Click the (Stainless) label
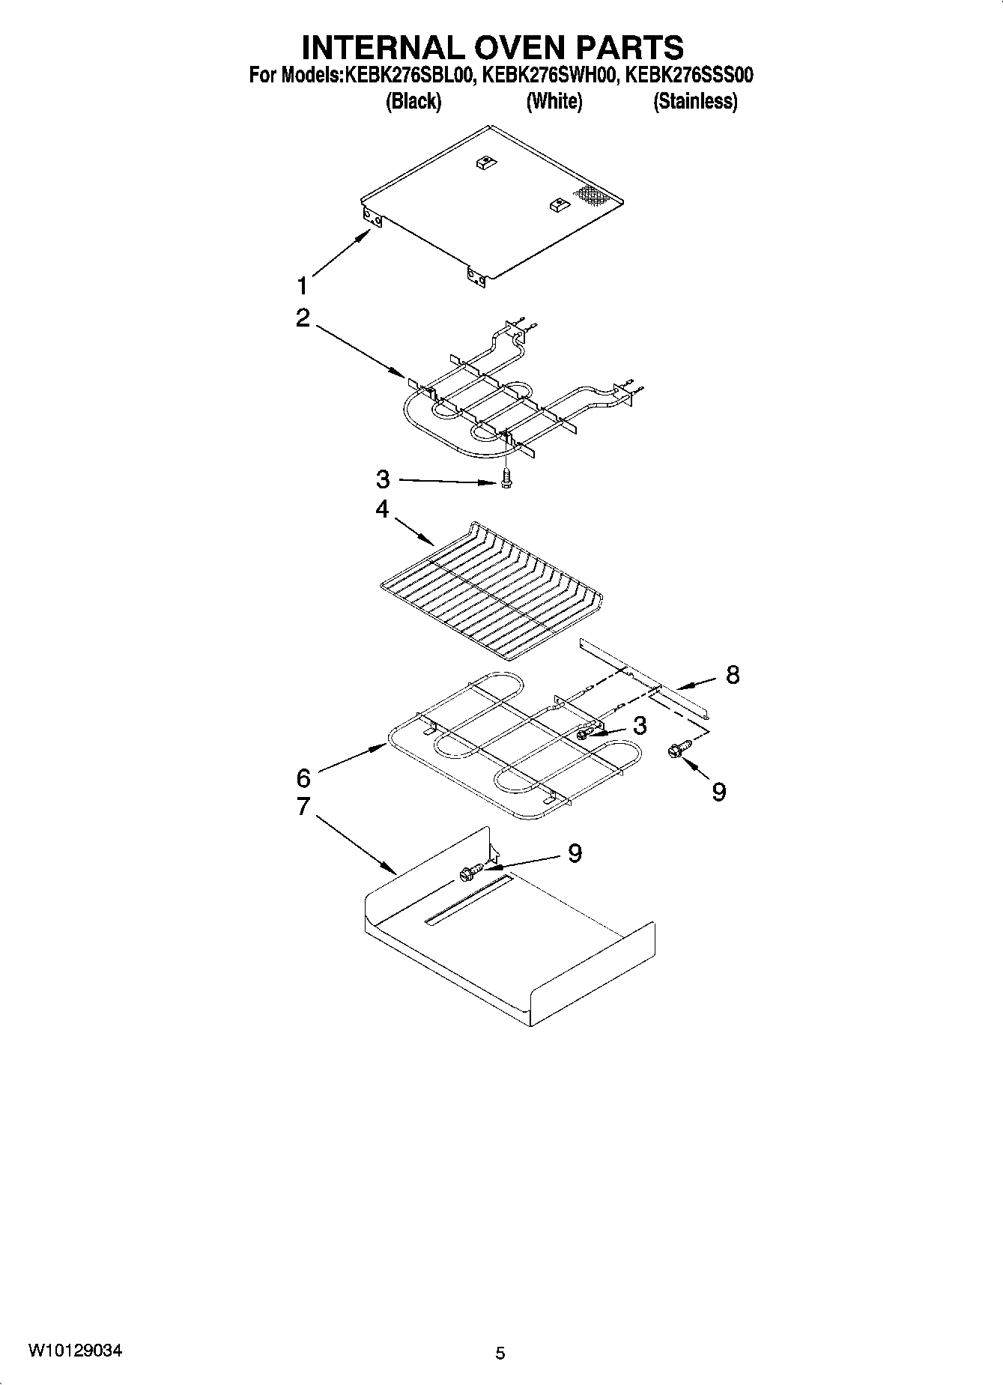click(695, 101)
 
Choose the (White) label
click(554, 101)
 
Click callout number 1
click(303, 286)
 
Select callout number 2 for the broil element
click(303, 318)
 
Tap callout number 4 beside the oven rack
click(382, 509)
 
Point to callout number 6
click(303, 779)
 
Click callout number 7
click(303, 807)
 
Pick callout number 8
click(732, 674)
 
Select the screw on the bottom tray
click(469, 871)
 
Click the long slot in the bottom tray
click(468, 899)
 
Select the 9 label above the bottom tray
click(575, 853)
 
